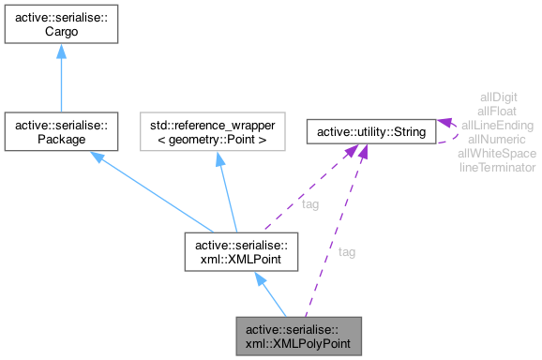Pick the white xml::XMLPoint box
(243, 252)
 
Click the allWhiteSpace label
(497, 153)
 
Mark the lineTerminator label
(497, 167)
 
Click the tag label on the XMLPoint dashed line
(309, 203)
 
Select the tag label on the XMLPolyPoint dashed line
(347, 251)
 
